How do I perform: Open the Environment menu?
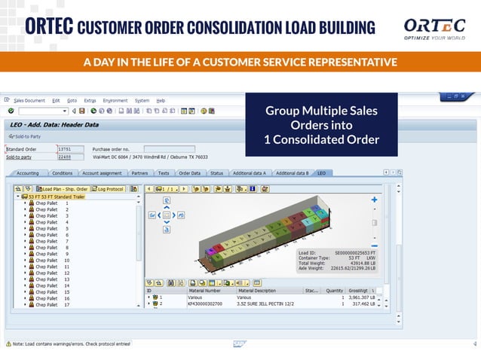(115, 100)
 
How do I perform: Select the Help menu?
(161, 100)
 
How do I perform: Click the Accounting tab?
(28, 173)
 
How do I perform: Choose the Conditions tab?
(63, 173)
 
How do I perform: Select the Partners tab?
(139, 173)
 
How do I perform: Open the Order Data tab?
(189, 173)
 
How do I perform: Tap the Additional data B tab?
(292, 173)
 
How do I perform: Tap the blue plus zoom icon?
(375, 200)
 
